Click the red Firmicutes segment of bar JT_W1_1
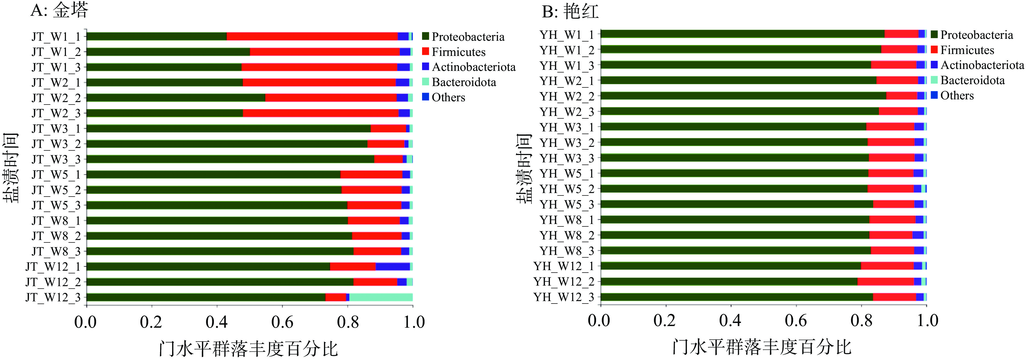(x=312, y=36)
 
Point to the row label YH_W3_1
(x=567, y=127)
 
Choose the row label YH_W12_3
(x=563, y=297)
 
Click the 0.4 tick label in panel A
(x=217, y=322)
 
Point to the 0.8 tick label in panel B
(x=861, y=320)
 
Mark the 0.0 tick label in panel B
(x=598, y=320)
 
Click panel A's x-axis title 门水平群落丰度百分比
(x=248, y=349)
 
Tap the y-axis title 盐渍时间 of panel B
(x=524, y=168)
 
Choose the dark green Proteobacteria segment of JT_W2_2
(x=176, y=97)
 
